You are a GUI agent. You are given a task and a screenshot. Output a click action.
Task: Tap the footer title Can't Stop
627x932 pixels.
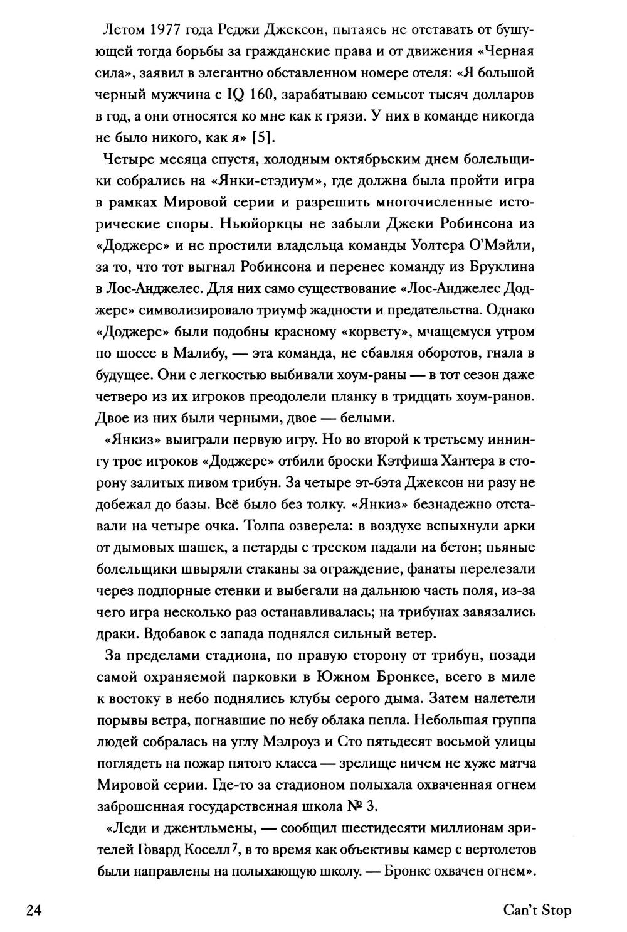pyautogui.click(x=537, y=909)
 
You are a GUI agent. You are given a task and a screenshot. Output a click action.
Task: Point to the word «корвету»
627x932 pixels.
pyautogui.click(x=385, y=332)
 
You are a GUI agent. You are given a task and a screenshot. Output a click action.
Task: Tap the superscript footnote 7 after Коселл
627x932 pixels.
pyautogui.click(x=233, y=849)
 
